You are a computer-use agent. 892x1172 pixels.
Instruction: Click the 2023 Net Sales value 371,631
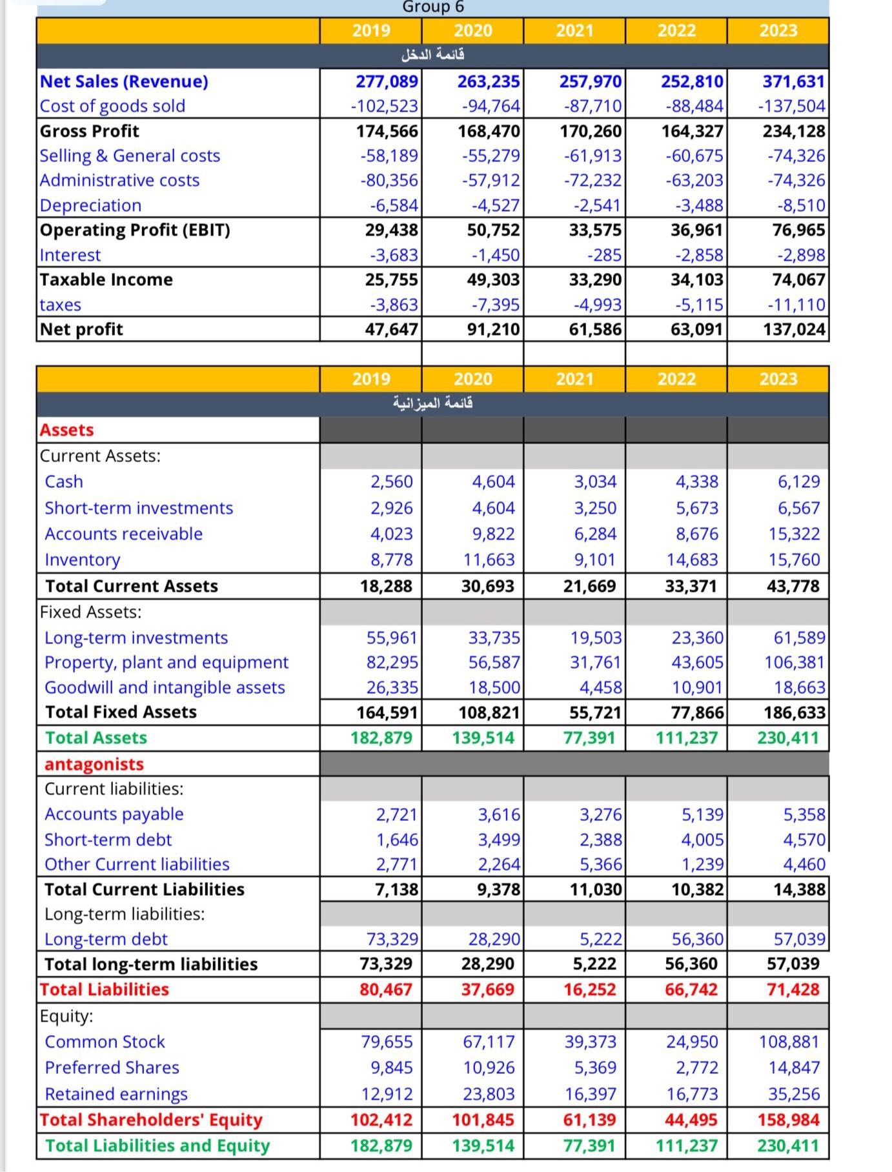click(793, 81)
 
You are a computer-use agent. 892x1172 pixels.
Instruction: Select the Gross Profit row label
click(89, 131)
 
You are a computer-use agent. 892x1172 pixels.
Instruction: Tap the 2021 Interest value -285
click(604, 255)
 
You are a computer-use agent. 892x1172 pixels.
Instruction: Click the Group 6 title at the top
click(433, 7)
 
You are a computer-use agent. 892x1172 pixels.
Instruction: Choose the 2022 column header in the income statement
click(676, 30)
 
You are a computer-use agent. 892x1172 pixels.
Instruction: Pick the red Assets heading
click(66, 430)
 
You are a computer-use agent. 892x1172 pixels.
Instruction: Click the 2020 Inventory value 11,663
click(489, 560)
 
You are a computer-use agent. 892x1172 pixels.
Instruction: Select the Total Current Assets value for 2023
click(793, 586)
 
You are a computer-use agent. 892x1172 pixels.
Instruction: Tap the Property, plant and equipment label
click(167, 662)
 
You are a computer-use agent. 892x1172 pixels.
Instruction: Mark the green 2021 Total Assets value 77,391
click(589, 738)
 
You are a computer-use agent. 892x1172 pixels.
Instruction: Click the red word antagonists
click(94, 764)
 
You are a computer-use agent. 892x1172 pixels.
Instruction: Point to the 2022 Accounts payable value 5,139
click(702, 814)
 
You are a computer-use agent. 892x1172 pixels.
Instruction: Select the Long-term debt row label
click(106, 939)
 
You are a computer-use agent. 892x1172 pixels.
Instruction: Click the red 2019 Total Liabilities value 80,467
click(385, 989)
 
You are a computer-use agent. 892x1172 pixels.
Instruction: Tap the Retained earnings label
click(116, 1094)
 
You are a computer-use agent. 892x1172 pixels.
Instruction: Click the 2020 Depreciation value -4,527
click(495, 205)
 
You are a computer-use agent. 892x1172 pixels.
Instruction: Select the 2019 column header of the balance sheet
click(371, 379)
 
